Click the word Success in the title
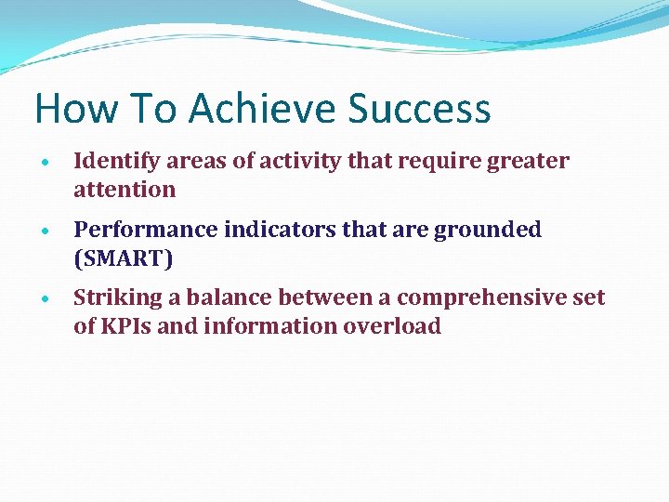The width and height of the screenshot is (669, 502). click(419, 109)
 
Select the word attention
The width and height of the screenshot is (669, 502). click(125, 190)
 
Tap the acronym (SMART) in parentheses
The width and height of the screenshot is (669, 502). click(124, 258)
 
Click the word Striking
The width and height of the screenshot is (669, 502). click(117, 298)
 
